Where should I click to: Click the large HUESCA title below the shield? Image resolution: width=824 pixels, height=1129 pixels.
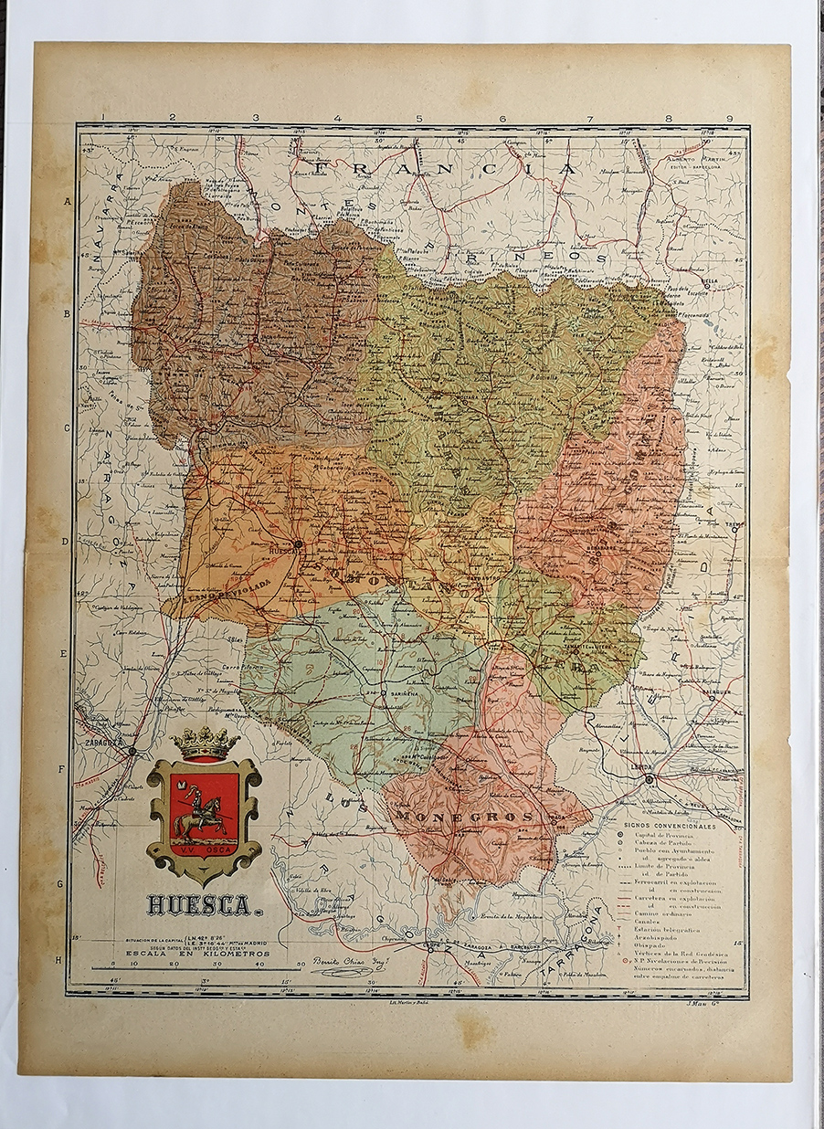coord(198,905)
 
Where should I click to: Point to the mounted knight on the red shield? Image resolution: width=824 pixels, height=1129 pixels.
coord(202,814)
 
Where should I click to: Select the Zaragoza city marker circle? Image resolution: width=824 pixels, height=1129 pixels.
coord(132,751)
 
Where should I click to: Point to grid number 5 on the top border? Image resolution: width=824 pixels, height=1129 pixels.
coord(419,118)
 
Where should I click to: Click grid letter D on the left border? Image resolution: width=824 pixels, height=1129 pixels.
coord(66,541)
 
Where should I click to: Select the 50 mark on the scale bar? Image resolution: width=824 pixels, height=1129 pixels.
coord(300,964)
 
